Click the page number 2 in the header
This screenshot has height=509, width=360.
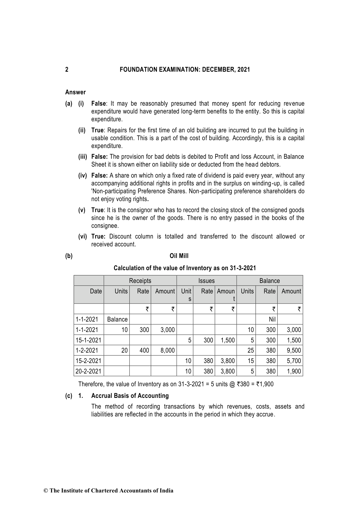67,70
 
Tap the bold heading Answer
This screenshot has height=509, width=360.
75,92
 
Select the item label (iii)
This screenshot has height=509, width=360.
83,157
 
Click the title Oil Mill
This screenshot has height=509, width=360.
179,256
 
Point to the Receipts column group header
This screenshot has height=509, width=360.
140,281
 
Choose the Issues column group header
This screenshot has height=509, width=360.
206,281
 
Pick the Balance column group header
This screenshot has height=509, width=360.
269,281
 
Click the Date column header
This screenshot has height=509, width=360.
96,291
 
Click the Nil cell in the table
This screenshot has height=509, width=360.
272,320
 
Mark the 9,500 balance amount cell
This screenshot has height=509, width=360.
294,351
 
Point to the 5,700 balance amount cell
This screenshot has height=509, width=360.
294,361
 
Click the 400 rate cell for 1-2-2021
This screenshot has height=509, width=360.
144,351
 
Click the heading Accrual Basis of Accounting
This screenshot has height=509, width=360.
130,396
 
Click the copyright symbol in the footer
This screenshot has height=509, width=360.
46,491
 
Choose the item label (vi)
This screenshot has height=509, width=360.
83,237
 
